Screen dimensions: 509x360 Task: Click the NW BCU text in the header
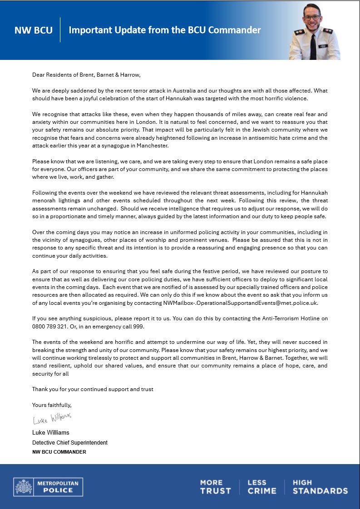(33, 30)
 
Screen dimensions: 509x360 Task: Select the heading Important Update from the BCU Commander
(164, 30)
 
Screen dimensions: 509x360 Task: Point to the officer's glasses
(312, 17)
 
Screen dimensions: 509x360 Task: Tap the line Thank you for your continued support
(92, 389)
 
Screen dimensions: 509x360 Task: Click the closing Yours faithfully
(52, 405)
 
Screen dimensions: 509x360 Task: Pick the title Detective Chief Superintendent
(69, 442)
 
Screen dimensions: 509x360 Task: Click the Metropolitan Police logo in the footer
(46, 487)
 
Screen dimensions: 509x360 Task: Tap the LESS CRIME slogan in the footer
(261, 487)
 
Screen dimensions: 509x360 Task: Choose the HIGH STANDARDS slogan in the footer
(320, 487)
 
